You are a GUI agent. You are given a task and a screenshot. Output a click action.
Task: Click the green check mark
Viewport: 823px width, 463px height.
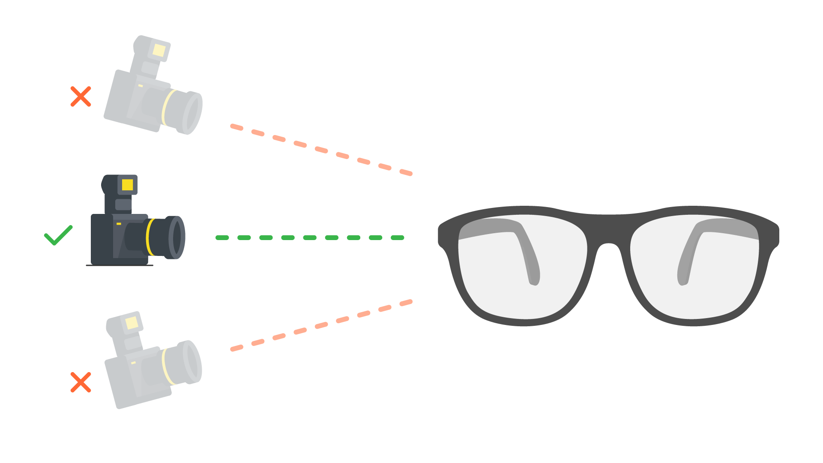point(58,236)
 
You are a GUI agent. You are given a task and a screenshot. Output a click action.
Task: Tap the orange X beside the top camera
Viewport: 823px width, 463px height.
point(81,96)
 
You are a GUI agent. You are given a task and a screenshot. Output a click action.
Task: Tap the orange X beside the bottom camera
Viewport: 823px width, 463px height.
point(81,382)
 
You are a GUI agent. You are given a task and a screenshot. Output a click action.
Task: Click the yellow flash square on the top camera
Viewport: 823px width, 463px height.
point(159,50)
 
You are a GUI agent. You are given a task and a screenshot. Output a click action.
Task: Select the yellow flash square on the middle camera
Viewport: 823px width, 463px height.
point(127,185)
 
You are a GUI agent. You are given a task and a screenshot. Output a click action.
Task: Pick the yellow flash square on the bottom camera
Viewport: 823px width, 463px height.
point(132,322)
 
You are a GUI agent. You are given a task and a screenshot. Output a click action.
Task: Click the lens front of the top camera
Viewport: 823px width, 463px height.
point(193,113)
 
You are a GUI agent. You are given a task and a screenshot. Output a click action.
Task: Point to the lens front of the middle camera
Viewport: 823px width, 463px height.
point(177,237)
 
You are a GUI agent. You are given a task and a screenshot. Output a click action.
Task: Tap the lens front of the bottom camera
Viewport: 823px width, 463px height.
point(193,361)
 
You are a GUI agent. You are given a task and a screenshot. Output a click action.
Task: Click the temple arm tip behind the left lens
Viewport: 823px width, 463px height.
point(534,281)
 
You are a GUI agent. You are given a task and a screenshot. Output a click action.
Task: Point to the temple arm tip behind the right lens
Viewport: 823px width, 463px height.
point(682,281)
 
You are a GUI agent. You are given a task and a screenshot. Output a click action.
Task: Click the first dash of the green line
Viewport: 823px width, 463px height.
point(222,238)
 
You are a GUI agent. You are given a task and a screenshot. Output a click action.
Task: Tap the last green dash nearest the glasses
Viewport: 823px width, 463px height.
point(397,238)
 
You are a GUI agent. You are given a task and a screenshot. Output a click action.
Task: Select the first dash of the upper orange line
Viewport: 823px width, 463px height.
point(236,127)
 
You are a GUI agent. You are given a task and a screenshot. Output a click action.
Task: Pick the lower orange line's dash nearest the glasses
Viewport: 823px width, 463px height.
point(406,303)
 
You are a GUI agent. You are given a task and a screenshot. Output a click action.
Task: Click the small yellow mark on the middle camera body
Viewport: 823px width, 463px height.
point(119,224)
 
